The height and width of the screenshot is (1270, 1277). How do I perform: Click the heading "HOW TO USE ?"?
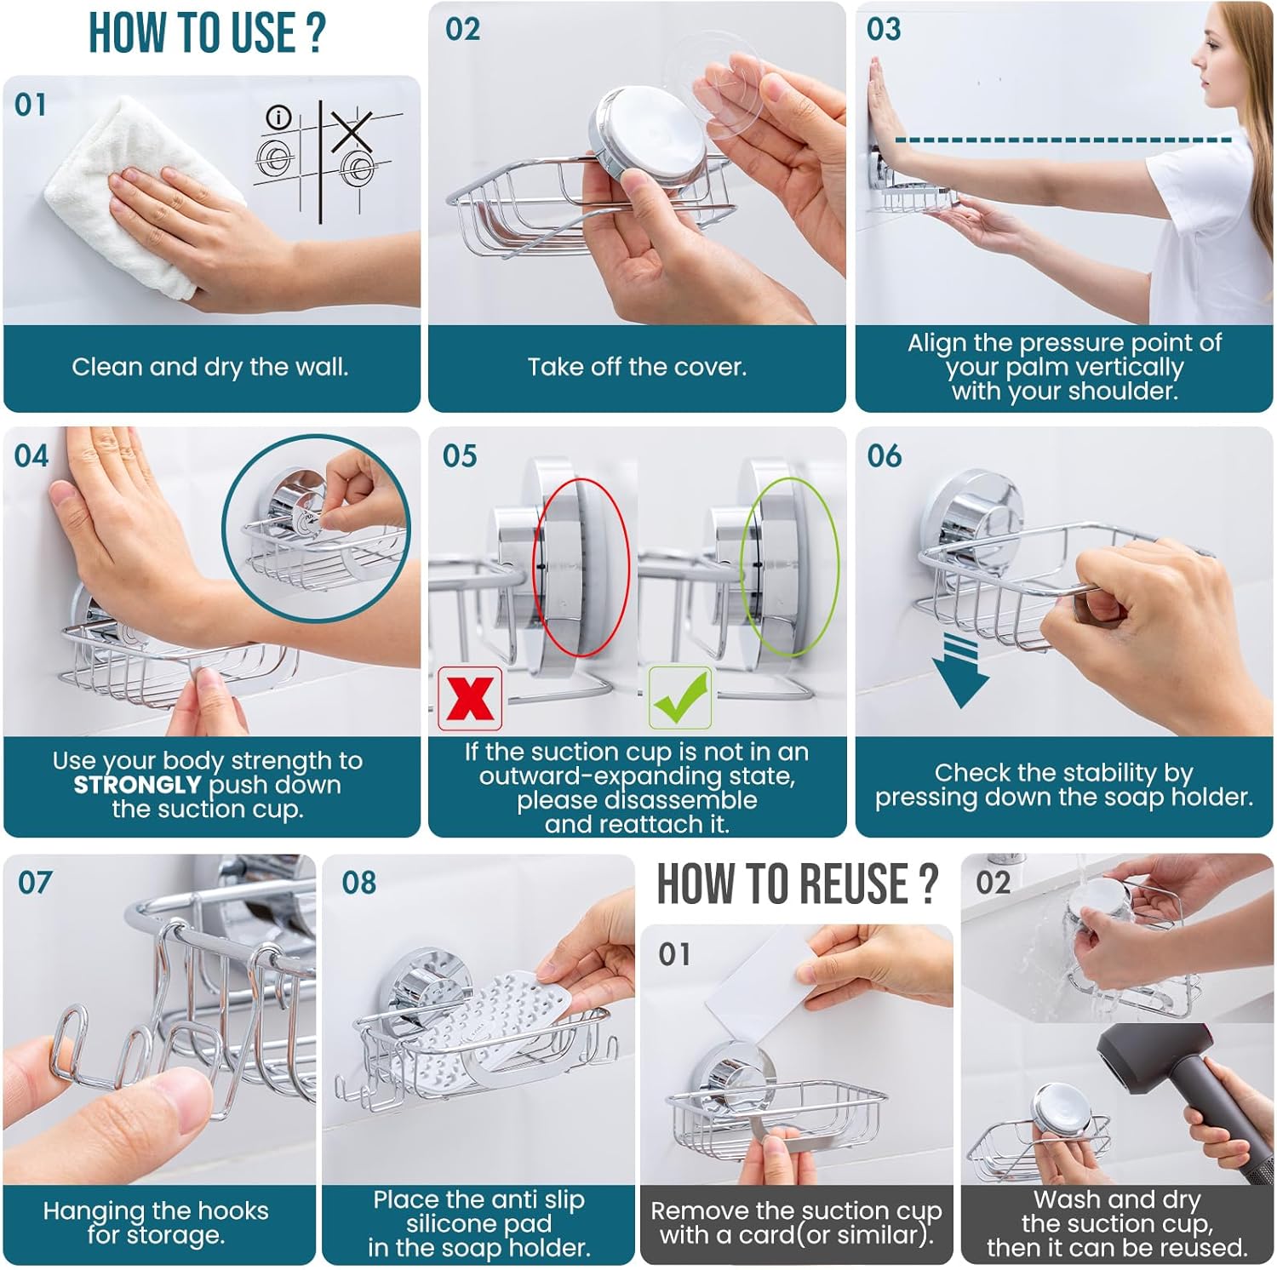click(207, 33)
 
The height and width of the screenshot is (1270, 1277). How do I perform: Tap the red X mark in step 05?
click(470, 699)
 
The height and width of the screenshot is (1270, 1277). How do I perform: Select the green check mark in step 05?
click(680, 698)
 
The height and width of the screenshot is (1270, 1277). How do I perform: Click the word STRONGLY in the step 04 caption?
click(137, 785)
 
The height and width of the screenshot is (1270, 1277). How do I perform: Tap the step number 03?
click(883, 29)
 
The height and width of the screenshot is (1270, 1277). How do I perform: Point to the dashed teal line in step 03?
click(1063, 140)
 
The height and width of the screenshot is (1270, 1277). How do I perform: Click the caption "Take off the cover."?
click(637, 367)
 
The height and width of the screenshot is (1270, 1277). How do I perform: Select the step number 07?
click(35, 882)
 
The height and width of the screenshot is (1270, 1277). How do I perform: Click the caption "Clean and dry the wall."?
click(210, 367)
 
